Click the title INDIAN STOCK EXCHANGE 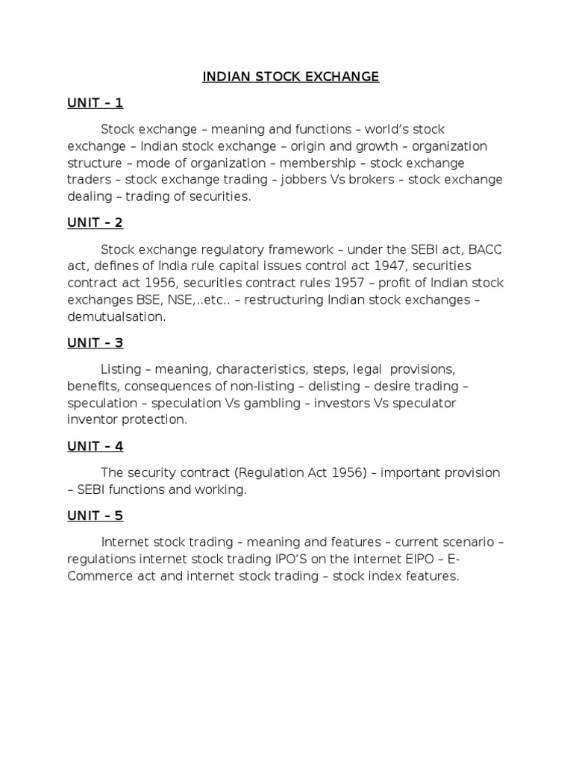click(291, 77)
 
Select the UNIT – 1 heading click(95, 103)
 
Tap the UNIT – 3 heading click(95, 343)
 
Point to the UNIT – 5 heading click(95, 516)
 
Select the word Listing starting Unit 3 click(120, 369)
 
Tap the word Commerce click(96, 576)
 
